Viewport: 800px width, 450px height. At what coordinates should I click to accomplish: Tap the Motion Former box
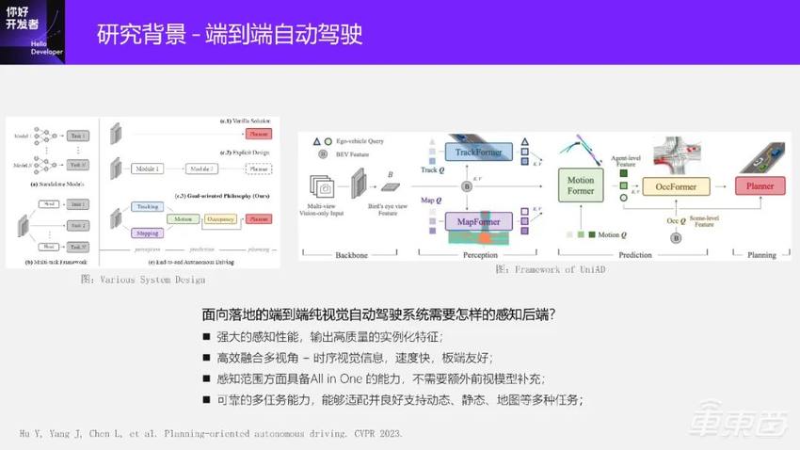[x=582, y=185]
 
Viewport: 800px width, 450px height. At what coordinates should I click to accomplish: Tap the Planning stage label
[x=761, y=254]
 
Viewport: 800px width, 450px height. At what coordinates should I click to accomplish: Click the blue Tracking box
[x=147, y=206]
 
